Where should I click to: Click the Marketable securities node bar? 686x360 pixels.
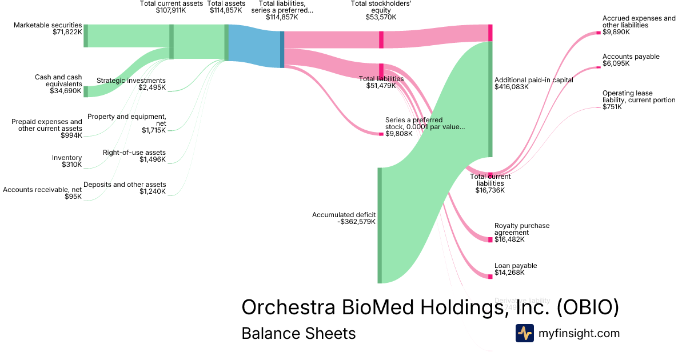coord(86,35)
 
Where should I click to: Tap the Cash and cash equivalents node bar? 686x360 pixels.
coord(86,91)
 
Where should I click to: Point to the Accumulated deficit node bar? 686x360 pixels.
coord(380,225)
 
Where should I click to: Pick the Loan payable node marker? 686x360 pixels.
coord(490,277)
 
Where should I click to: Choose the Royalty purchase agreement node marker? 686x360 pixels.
coord(490,240)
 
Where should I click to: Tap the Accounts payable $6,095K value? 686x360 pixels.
coord(616,63)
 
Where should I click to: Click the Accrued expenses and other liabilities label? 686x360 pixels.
coord(639,22)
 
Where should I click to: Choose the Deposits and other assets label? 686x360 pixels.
coord(125,185)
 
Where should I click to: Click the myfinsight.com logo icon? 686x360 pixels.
coord(524,333)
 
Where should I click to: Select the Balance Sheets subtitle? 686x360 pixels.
coord(298,333)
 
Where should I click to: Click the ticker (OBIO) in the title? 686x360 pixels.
coord(588,307)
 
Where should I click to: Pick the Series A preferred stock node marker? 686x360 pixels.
coord(381,134)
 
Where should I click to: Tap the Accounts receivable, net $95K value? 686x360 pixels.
coord(73,197)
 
